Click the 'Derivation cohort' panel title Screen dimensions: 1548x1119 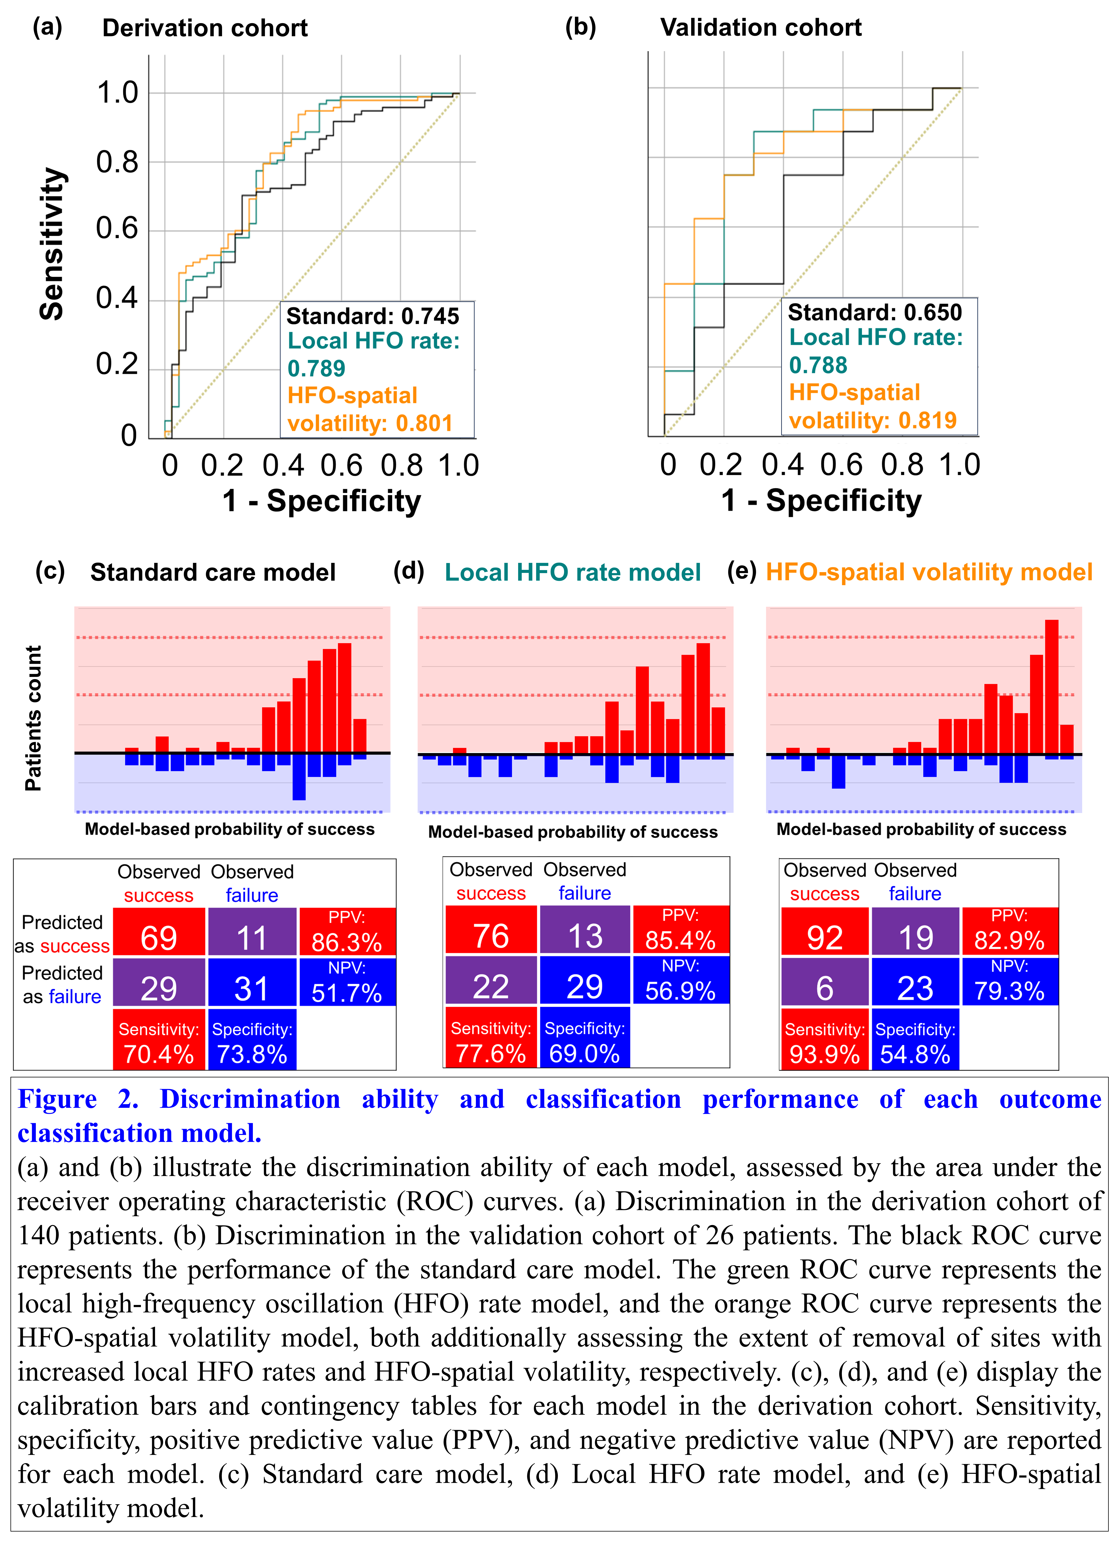(x=205, y=28)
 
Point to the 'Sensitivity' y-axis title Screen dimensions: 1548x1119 (x=52, y=244)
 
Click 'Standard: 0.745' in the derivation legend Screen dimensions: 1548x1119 (x=372, y=316)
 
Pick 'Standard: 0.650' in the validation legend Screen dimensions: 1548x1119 (x=875, y=313)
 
